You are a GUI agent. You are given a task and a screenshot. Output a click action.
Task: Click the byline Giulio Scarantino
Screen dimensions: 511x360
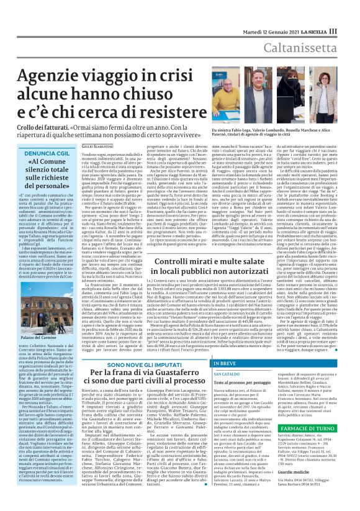(x=99, y=145)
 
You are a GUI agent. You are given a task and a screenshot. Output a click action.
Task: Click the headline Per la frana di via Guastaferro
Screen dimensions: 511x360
(x=137, y=374)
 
